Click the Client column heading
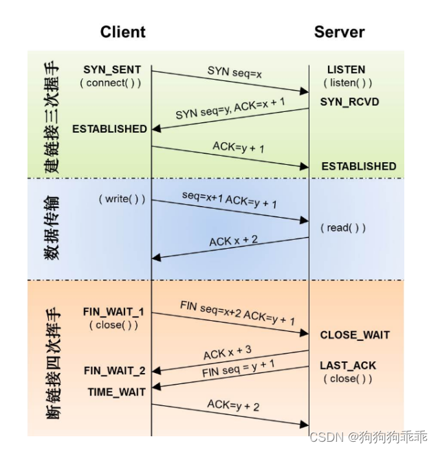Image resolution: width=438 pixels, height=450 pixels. click(123, 32)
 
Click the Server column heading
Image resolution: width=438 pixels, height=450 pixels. click(339, 32)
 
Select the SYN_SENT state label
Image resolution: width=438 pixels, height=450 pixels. click(112, 70)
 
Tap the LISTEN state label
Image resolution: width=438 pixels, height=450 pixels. click(346, 70)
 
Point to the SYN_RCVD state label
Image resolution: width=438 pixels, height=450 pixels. click(349, 102)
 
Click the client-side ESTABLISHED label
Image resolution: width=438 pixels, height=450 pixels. click(109, 128)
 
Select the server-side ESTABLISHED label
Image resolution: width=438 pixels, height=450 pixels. click(358, 166)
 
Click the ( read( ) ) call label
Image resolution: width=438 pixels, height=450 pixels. click(342, 227)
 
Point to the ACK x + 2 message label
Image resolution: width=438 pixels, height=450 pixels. click(234, 241)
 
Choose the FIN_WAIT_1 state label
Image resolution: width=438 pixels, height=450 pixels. click(113, 311)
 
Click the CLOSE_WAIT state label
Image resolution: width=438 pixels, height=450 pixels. click(355, 335)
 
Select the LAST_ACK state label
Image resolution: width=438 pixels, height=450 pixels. click(348, 365)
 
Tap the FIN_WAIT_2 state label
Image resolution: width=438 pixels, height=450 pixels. click(114, 371)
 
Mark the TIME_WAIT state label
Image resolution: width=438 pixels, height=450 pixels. click(116, 392)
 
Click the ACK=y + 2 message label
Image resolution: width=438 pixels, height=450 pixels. click(233, 405)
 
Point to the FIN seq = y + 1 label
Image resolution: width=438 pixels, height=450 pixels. click(239, 371)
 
